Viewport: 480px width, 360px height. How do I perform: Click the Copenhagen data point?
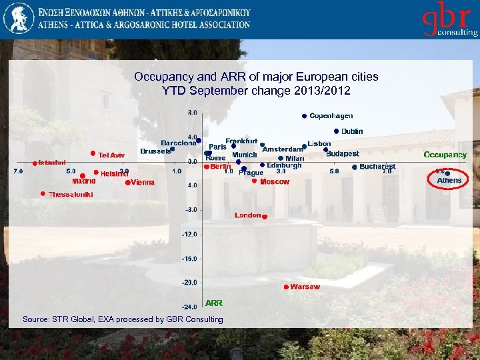point(304,116)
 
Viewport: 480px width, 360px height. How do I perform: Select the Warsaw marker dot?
point(286,287)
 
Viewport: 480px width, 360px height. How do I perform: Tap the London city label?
point(247,215)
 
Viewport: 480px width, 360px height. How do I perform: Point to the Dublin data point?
point(337,131)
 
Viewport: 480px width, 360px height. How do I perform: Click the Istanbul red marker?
point(35,163)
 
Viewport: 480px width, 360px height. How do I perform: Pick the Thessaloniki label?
point(70,194)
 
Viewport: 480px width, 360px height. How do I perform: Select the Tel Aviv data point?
point(93,153)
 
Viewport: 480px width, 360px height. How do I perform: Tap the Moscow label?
point(274,181)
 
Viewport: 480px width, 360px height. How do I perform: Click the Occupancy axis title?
point(445,155)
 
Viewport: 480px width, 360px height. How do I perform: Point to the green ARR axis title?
point(214,303)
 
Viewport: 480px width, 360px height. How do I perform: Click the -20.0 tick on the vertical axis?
point(190,283)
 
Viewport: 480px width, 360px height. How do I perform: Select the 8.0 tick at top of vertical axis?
point(192,112)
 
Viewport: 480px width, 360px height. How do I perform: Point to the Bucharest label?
point(377,166)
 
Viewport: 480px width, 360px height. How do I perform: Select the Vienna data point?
point(127,182)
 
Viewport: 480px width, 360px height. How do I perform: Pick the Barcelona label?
point(178,143)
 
